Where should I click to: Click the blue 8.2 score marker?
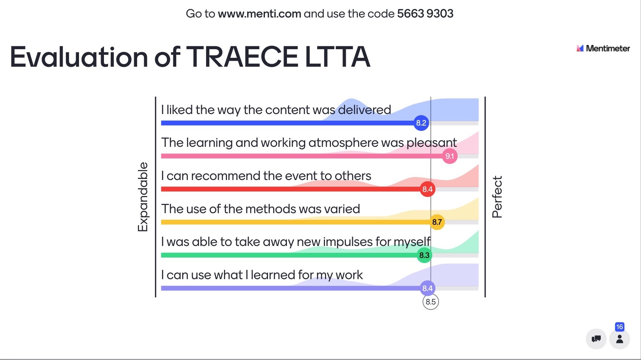click(421, 123)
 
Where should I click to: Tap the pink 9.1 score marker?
click(450, 156)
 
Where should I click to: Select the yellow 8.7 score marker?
click(437, 222)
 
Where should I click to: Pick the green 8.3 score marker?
click(424, 255)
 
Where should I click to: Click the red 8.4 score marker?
click(427, 189)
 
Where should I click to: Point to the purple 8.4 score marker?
click(427, 288)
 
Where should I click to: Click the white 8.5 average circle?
click(430, 302)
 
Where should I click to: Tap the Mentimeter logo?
click(603, 48)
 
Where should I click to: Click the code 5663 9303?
click(425, 14)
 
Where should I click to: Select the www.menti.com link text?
click(259, 14)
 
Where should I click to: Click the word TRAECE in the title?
click(242, 57)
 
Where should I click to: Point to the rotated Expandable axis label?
click(143, 197)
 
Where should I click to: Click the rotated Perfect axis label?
click(497, 197)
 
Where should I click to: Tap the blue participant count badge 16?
click(619, 327)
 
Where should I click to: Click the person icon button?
click(620, 339)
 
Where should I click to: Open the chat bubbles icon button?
click(596, 339)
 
